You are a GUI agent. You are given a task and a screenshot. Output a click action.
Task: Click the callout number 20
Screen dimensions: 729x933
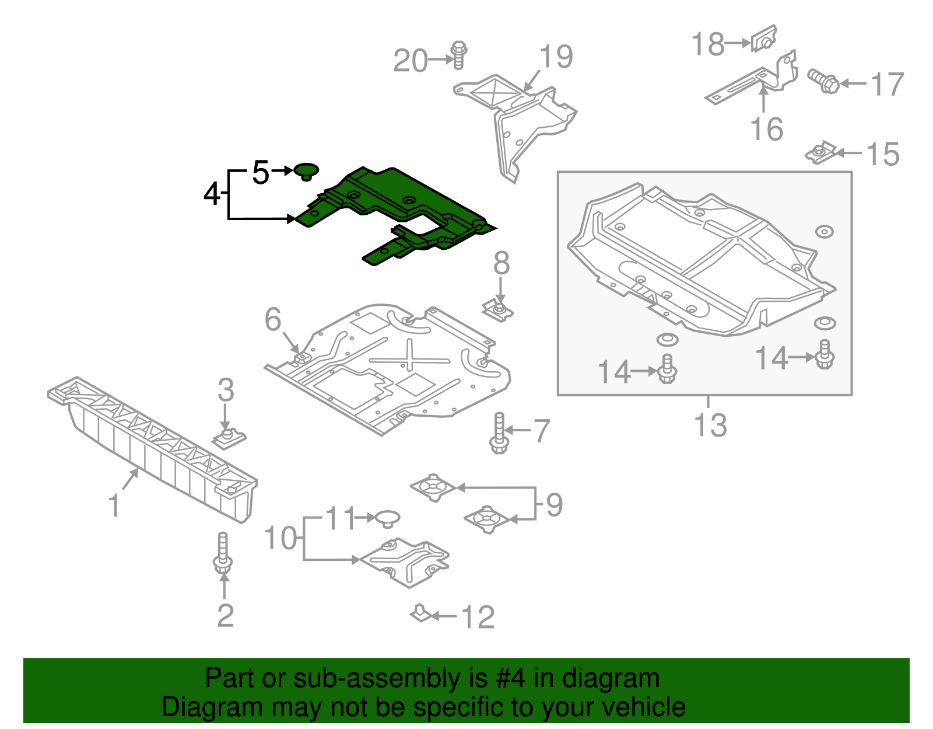click(x=411, y=61)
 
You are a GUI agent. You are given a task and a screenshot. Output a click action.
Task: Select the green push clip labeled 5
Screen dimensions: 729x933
click(x=306, y=170)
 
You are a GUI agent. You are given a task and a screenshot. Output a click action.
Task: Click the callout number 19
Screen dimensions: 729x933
click(x=556, y=57)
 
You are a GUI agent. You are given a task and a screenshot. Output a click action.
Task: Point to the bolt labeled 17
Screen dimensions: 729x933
click(x=823, y=82)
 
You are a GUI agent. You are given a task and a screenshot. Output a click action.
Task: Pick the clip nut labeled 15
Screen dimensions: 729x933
click(x=820, y=154)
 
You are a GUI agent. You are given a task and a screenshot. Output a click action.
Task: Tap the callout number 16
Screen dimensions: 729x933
click(x=766, y=129)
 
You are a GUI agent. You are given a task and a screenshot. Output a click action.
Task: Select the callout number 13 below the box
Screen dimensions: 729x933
click(x=710, y=425)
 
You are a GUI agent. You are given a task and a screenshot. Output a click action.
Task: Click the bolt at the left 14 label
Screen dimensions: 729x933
click(x=667, y=369)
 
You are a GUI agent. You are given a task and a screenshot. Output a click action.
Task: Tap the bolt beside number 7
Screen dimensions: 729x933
click(x=499, y=433)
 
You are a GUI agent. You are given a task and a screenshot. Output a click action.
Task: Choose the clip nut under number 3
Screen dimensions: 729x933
click(x=228, y=437)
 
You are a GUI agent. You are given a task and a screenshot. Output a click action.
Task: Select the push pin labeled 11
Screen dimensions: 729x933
click(x=387, y=518)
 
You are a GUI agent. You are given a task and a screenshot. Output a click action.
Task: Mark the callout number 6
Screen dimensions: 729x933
click(x=273, y=319)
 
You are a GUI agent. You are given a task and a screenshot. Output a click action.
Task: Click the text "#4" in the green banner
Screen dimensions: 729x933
click(x=510, y=678)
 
